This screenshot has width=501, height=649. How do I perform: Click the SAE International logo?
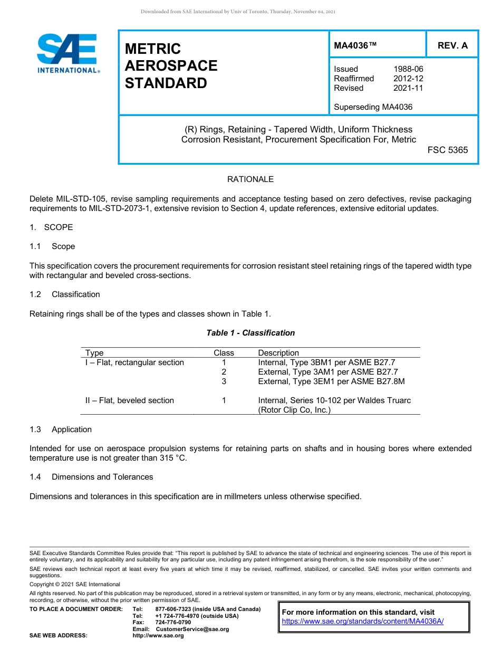(68, 53)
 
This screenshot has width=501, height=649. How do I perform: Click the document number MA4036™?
(355, 45)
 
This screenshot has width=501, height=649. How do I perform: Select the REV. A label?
(452, 45)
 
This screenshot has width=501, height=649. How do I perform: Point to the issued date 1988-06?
(408, 69)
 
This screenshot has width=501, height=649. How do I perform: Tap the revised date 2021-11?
(408, 88)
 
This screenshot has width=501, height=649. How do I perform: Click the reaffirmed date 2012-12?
(408, 79)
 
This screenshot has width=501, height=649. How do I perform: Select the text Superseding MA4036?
(373, 107)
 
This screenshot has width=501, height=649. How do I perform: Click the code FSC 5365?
(447, 150)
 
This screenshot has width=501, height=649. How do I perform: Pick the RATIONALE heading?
(250, 179)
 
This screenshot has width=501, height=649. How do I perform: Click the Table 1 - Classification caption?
(250, 333)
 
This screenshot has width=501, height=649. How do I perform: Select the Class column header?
(224, 353)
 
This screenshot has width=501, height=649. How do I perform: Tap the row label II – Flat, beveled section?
(130, 400)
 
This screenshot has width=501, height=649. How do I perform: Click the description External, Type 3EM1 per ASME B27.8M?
(331, 381)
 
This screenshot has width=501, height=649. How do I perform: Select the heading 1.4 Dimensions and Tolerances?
(91, 477)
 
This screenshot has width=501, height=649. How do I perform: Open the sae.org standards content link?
(363, 622)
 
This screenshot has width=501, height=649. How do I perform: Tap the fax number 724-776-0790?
(173, 623)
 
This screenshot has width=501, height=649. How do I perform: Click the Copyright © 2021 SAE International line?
(75, 584)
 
